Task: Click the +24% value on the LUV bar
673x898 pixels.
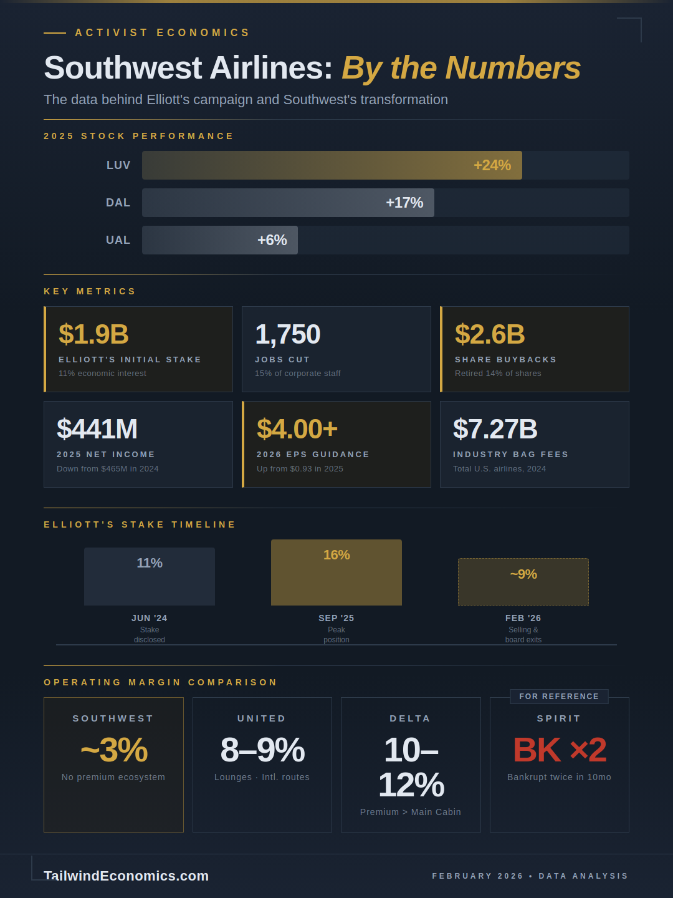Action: pos(492,165)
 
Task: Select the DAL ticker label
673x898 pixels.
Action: pos(118,203)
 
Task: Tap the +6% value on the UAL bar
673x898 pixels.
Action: pos(272,240)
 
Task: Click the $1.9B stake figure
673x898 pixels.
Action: pos(93,334)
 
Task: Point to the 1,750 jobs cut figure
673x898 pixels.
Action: pos(287,334)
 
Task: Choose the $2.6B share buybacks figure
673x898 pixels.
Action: pos(490,334)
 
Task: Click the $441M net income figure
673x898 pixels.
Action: pos(97,429)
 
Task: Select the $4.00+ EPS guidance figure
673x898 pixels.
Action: pos(297,429)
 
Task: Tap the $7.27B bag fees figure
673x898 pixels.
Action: pos(495,429)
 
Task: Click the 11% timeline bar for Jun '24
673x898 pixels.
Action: pos(150,577)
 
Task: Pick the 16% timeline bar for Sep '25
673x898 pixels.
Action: pos(336,572)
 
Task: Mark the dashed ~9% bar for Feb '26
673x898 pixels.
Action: pos(523,582)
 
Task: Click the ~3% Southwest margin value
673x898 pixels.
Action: pos(114,750)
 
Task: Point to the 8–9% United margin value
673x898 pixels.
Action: pos(262,750)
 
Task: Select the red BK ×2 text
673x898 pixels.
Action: pos(559,750)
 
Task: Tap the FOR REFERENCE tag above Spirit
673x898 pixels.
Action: pos(559,697)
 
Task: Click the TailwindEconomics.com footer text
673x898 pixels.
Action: pos(126,876)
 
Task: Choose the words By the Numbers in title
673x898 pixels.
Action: pos(461,68)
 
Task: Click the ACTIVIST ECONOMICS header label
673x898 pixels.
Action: pos(162,32)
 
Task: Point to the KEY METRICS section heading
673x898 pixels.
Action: pos(90,291)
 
